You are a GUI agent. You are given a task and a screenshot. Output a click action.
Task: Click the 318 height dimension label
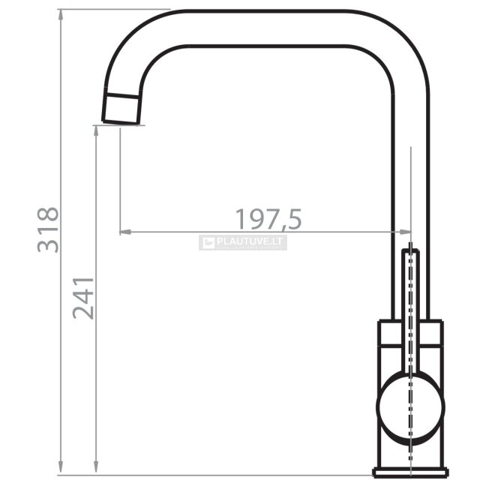pyautogui.click(x=48, y=229)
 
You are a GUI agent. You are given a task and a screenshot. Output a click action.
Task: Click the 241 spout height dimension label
pyautogui.click(x=83, y=298)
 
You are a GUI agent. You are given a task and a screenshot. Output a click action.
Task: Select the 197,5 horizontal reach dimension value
pyautogui.click(x=268, y=219)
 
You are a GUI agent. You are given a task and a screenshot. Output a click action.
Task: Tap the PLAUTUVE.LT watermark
pyautogui.click(x=243, y=242)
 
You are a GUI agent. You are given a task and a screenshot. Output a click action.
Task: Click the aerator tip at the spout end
pyautogui.click(x=121, y=109)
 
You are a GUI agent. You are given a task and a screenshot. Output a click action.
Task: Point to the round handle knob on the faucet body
pyautogui.click(x=410, y=406)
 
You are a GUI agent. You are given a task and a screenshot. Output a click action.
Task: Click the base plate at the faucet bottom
pyautogui.click(x=411, y=480)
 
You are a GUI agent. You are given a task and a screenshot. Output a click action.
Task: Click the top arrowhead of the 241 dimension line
pyautogui.click(x=96, y=130)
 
